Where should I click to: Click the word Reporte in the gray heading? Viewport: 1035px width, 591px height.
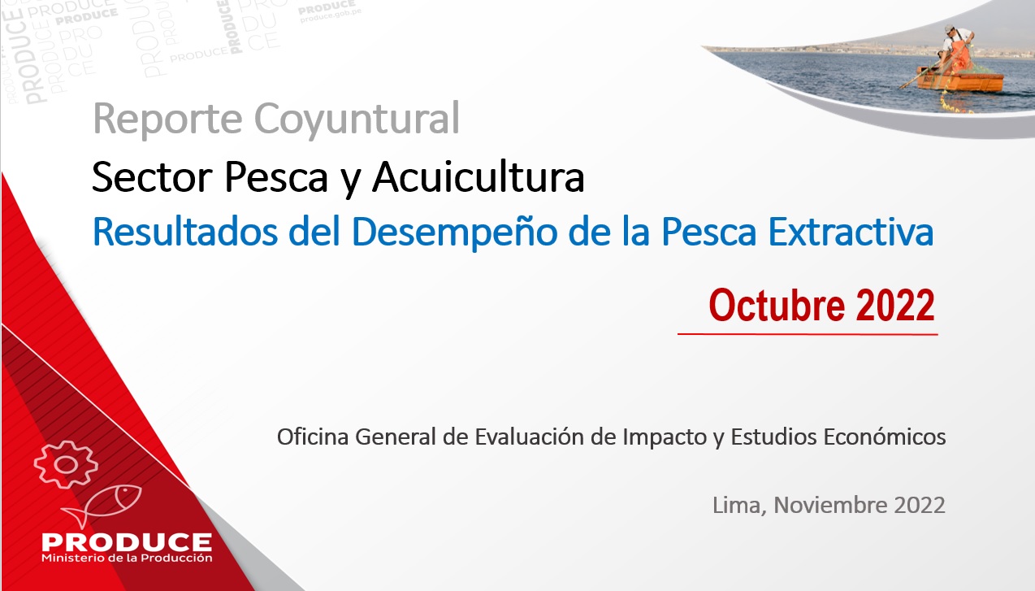pyautogui.click(x=167, y=120)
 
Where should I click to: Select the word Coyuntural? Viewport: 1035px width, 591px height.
pyautogui.click(x=357, y=120)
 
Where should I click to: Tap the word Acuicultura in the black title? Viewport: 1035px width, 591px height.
pyautogui.click(x=479, y=176)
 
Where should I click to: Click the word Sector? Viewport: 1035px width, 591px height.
pyautogui.click(x=152, y=177)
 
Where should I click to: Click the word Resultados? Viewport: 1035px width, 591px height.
pyautogui.click(x=185, y=231)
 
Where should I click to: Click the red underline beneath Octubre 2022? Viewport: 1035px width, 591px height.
pyautogui.click(x=808, y=333)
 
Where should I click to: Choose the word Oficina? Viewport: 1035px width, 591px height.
pyautogui.click(x=312, y=437)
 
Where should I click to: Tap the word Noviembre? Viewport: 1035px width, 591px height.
pyautogui.click(x=830, y=505)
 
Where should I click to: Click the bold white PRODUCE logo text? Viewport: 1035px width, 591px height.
pyautogui.click(x=127, y=542)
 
